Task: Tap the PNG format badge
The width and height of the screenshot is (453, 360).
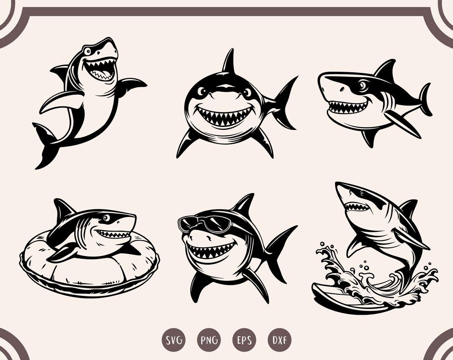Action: tap(208, 339)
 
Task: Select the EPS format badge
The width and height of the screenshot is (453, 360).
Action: tap(244, 339)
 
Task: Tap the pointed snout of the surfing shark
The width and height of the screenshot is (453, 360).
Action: tap(340, 186)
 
